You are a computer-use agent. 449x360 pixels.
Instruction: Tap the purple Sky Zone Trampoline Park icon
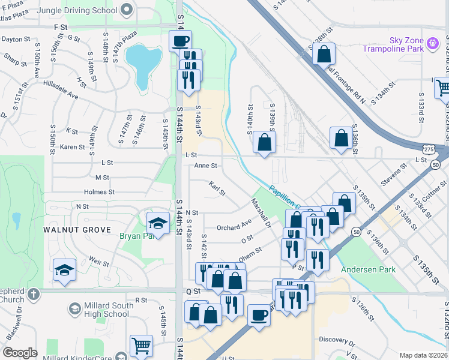pyautogui.click(x=432, y=44)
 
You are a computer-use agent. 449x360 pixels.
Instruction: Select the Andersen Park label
pyautogui.click(x=368, y=269)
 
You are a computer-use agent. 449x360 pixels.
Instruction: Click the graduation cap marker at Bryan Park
pyautogui.click(x=157, y=223)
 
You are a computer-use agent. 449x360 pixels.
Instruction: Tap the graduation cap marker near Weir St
pyautogui.click(x=64, y=269)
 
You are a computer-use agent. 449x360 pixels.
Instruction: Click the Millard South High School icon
pyautogui.click(x=74, y=308)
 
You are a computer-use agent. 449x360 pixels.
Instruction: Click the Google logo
pyautogui.click(x=20, y=353)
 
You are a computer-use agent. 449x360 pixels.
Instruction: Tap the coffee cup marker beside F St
pyautogui.click(x=180, y=41)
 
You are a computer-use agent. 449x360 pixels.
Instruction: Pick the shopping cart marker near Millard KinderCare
pyautogui.click(x=141, y=345)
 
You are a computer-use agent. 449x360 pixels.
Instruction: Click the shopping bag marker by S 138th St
pyautogui.click(x=324, y=54)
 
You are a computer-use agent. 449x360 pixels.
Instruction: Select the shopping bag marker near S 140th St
pyautogui.click(x=264, y=143)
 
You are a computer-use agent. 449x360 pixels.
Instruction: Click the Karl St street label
pyautogui.click(x=217, y=189)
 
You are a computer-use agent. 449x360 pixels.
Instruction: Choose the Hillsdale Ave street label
pyautogui.click(x=59, y=94)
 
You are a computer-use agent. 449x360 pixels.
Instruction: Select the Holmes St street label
pyautogui.click(x=99, y=192)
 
